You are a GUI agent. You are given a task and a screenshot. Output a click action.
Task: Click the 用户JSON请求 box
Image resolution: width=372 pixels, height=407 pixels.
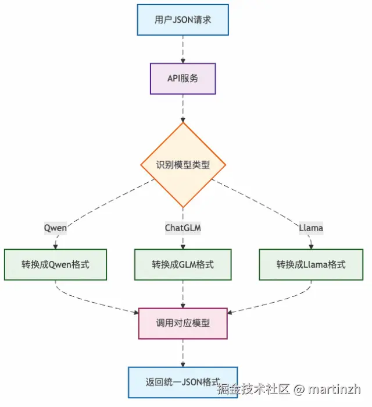[x=183, y=20]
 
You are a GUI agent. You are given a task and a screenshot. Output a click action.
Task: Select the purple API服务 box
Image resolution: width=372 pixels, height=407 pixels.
[x=183, y=78]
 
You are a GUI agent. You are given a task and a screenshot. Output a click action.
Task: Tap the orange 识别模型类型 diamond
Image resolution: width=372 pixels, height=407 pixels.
[x=183, y=165]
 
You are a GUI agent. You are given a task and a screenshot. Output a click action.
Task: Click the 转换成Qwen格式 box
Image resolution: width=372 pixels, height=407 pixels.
[x=56, y=264]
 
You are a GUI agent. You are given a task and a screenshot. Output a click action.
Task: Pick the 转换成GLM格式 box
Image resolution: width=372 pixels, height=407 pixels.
[x=183, y=264]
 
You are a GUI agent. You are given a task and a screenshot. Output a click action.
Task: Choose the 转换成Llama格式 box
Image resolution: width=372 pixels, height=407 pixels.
[x=310, y=264]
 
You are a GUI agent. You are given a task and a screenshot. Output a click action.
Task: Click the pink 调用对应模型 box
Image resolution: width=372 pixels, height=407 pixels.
[x=183, y=324]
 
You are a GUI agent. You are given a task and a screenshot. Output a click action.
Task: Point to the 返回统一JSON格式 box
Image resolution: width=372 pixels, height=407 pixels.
[x=183, y=383]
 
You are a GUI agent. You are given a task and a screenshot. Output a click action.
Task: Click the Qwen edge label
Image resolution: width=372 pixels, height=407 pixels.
[x=56, y=228]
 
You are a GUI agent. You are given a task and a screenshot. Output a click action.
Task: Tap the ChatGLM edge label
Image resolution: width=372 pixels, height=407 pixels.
[x=183, y=228]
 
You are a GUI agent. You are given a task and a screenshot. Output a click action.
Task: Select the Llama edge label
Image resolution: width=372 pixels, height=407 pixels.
[x=310, y=228]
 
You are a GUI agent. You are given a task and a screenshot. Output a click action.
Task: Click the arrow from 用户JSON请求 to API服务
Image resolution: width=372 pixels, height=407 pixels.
[x=183, y=49]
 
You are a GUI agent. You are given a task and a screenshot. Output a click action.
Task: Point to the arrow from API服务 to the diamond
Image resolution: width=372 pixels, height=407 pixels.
[x=183, y=108]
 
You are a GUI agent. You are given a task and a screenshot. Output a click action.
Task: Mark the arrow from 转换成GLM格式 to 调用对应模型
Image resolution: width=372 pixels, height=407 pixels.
[x=183, y=294]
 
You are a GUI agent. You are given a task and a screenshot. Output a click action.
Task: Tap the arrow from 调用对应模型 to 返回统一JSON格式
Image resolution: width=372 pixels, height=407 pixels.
[x=183, y=353]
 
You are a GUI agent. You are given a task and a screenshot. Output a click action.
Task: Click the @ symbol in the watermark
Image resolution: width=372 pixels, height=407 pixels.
[x=299, y=389]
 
